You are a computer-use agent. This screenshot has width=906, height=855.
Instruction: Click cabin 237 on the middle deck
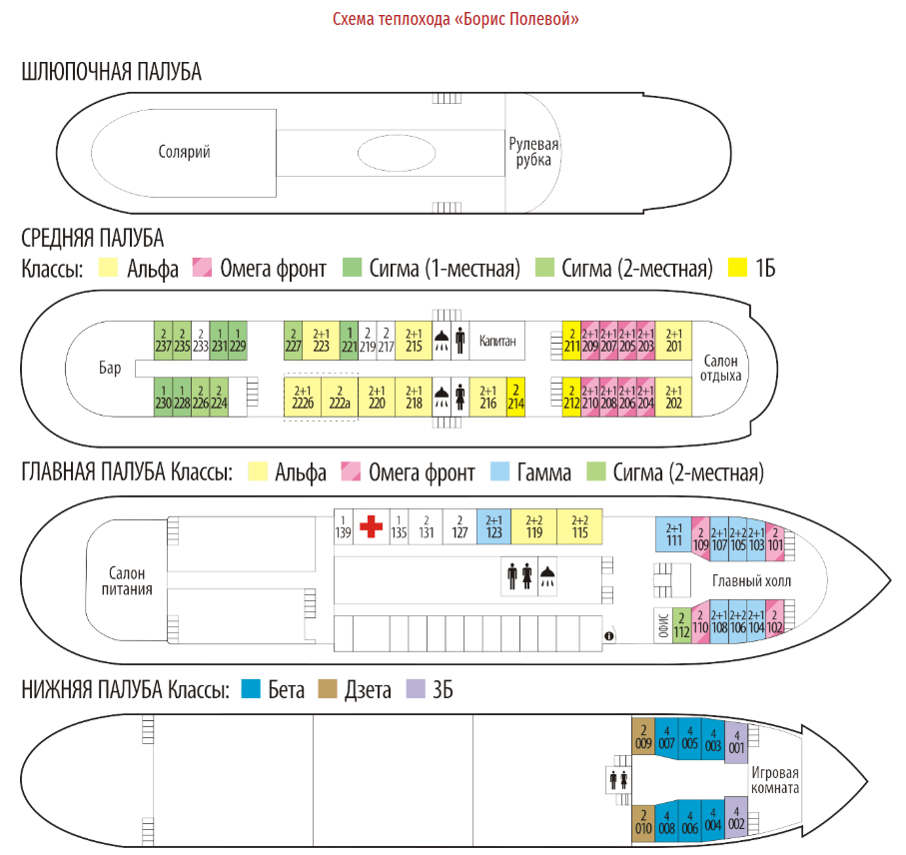[162, 341]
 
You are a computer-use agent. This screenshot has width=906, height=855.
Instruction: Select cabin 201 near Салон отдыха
[674, 341]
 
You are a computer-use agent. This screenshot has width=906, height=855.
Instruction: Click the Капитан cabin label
[497, 341]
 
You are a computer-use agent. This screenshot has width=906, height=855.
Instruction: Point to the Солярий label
[185, 152]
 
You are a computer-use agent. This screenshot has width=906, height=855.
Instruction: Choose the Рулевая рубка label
[533, 152]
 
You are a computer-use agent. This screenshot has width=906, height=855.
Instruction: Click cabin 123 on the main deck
[493, 526]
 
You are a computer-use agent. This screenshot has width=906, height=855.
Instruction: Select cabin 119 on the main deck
[534, 526]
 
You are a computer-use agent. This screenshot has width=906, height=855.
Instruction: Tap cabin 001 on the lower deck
[736, 741]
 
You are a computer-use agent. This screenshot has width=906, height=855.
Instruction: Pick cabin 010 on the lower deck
[643, 821]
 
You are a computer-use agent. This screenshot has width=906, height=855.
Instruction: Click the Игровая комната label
[775, 779]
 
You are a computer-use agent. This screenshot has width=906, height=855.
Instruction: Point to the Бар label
[110, 369]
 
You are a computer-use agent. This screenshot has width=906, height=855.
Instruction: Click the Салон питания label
[128, 580]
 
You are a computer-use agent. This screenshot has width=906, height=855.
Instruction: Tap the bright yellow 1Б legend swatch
[738, 268]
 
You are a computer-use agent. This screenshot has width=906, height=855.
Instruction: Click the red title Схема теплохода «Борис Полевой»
[455, 19]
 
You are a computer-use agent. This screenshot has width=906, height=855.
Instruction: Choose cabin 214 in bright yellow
[515, 397]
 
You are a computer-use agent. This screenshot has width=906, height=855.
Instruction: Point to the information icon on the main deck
[608, 635]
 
